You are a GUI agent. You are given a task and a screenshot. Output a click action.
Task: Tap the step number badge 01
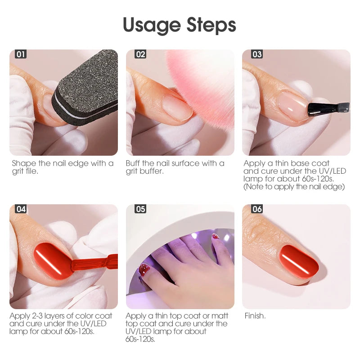coord(21,54)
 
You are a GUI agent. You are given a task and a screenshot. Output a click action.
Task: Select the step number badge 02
coord(140,54)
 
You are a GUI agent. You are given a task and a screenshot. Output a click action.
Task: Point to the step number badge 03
coord(257,54)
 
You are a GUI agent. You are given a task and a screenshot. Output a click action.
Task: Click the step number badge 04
coord(21,209)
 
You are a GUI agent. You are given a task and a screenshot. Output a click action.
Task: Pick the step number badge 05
coord(140,209)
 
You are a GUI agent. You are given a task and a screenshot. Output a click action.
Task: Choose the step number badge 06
coord(257,209)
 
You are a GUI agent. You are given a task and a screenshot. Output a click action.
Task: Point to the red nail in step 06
coord(298,261)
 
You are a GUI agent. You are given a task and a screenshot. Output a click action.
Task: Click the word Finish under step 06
coord(255,316)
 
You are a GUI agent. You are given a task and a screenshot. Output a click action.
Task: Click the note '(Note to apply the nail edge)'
coord(294,186)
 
